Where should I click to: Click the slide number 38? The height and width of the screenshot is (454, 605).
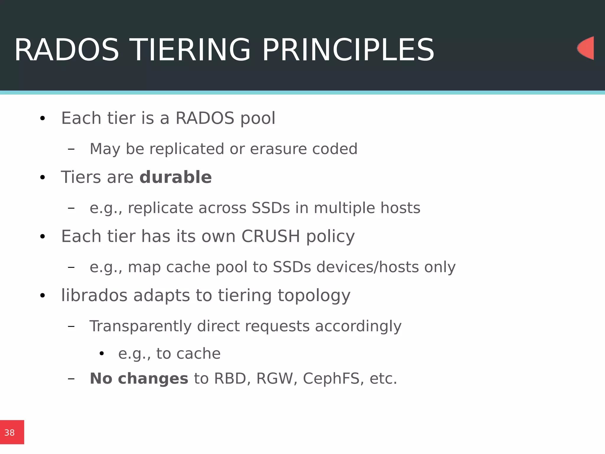click(9, 433)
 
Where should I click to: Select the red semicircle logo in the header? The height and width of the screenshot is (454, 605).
click(586, 48)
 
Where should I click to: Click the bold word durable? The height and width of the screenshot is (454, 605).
click(175, 177)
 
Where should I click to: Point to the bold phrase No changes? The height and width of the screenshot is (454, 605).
click(139, 379)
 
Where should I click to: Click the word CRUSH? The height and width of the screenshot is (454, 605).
click(271, 236)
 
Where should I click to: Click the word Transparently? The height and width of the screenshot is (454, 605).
click(141, 326)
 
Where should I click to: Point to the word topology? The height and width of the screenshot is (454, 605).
click(314, 296)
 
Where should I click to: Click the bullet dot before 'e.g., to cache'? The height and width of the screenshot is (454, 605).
click(102, 354)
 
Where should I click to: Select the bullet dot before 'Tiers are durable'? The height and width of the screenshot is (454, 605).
click(43, 178)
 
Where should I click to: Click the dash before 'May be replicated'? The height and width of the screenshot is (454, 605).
click(71, 149)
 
